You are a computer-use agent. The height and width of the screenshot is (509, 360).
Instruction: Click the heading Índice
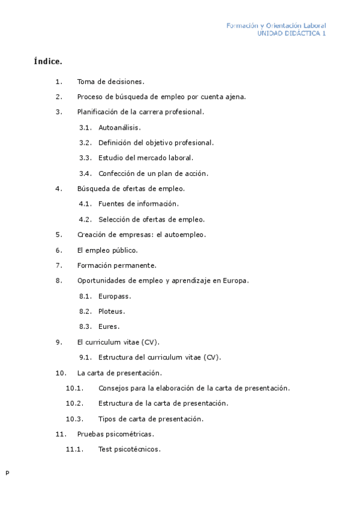pyautogui.click(x=48, y=61)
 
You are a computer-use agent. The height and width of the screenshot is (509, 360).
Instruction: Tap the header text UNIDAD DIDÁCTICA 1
pyautogui.click(x=292, y=34)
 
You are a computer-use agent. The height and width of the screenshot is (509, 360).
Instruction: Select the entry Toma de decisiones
pyautogui.click(x=110, y=81)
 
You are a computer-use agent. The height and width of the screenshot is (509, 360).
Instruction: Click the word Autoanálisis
pyautogui.click(x=119, y=127)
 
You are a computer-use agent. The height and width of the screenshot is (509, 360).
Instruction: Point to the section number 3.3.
pyautogui.click(x=85, y=158)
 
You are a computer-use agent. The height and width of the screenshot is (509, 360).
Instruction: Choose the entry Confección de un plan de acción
pyautogui.click(x=153, y=173)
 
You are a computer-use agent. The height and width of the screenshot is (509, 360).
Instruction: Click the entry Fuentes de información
pyautogui.click(x=138, y=204)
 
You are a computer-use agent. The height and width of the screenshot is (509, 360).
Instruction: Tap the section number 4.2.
pyautogui.click(x=85, y=219)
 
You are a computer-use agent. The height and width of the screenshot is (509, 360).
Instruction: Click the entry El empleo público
pyautogui.click(x=107, y=250)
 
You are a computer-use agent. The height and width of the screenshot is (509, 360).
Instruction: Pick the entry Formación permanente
pyautogui.click(x=117, y=265)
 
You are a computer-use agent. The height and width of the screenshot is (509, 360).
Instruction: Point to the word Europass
pyautogui.click(x=114, y=296)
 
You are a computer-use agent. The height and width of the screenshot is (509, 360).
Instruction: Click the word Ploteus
pyautogui.click(x=112, y=312)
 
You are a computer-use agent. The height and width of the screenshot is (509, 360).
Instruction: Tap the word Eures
pyautogui.click(x=109, y=327)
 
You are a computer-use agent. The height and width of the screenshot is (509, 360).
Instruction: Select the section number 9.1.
pyautogui.click(x=85, y=357)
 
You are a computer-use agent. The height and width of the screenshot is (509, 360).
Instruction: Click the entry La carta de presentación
pyautogui.click(x=119, y=373)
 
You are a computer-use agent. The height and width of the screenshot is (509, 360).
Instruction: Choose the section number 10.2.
pyautogui.click(x=74, y=403)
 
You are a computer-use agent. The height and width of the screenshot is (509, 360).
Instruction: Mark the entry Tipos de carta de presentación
pyautogui.click(x=151, y=419)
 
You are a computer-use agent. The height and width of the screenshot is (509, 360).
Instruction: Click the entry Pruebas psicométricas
pyautogui.click(x=115, y=434)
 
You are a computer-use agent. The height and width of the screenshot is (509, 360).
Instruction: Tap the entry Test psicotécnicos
pyautogui.click(x=129, y=449)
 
